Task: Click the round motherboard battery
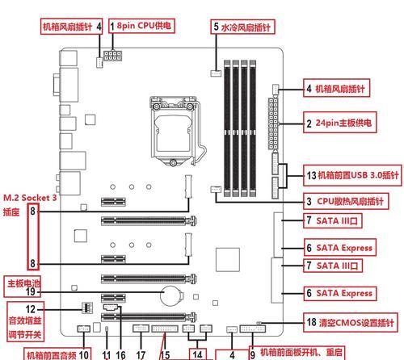pyautogui.click(x=170, y=295)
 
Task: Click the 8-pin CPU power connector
pyautogui.click(x=113, y=56)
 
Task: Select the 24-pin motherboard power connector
pyautogui.click(x=273, y=123)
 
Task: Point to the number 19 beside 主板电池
pyautogui.click(x=30, y=291)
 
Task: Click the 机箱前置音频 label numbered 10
pyautogui.click(x=57, y=354)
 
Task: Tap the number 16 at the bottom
pyautogui.click(x=120, y=355)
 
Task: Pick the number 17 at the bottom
pyautogui.click(x=141, y=355)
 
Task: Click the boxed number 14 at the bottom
pyautogui.click(x=197, y=354)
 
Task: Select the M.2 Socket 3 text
pyautogui.click(x=30, y=198)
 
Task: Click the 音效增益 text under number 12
pyautogui.click(x=25, y=320)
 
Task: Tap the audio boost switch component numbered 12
pyautogui.click(x=87, y=308)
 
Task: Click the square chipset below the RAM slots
pyautogui.click(x=228, y=260)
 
